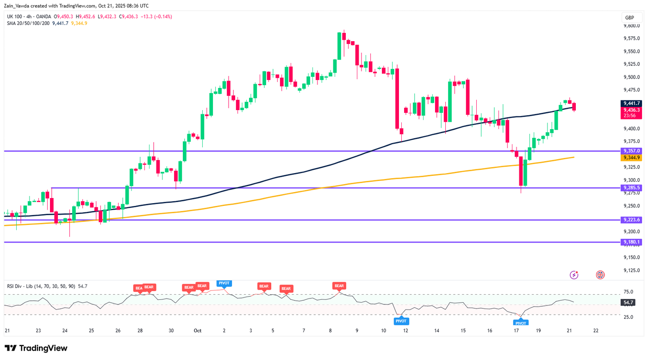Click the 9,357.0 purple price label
coord(631,151)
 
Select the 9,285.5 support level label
coord(631,188)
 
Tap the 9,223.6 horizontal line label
coord(631,220)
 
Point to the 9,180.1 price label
coord(631,242)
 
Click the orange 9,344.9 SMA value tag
coord(631,158)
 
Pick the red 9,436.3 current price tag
coord(631,110)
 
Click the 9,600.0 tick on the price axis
coord(632,25)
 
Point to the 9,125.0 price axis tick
coord(632,270)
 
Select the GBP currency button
coord(629,18)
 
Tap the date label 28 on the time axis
coord(140,331)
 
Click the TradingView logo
coord(36,348)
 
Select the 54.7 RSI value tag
coord(628,302)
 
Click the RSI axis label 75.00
coord(628,292)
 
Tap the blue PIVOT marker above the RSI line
coord(224,283)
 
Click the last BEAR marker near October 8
coord(339,286)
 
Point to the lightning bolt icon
coord(574,275)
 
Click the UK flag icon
coord(600,275)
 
